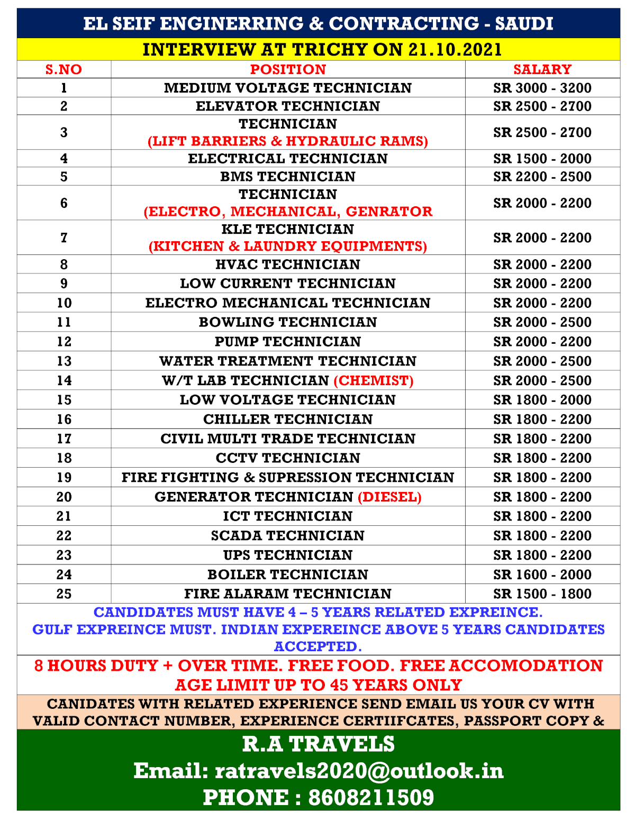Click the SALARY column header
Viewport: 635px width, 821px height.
coord(542,69)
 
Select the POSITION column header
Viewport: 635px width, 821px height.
coord(288,69)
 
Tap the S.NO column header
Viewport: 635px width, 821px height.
coord(63,69)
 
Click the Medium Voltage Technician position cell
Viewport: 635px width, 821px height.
coord(288,88)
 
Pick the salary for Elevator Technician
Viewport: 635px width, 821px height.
coord(542,106)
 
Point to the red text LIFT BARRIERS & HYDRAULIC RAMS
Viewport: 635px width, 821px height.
coord(288,141)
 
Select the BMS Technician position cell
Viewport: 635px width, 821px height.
coord(288,176)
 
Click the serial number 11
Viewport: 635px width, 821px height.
coord(63,322)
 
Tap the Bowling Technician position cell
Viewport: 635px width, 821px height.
coord(288,322)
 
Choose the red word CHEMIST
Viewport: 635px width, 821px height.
coord(374,380)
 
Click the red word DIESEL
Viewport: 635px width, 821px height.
coord(390,497)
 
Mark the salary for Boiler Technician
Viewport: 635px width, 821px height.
coord(542,574)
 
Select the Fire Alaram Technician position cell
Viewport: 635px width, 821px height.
coord(288,594)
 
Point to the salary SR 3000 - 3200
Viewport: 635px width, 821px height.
coord(542,88)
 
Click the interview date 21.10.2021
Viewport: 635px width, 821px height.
coord(455,50)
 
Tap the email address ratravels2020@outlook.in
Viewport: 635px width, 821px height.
coord(359,771)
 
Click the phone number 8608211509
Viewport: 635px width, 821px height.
coord(371,798)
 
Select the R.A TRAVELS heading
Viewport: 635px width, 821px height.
coord(319,744)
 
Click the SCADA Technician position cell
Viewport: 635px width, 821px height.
coord(288,535)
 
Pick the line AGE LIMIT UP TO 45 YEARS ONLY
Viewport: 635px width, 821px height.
coord(319,685)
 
